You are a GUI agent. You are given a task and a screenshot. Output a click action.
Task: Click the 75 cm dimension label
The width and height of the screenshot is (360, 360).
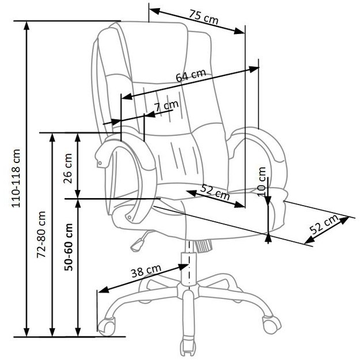click(x=204, y=17)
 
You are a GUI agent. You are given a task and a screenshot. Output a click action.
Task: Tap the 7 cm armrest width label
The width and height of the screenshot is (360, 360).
click(x=166, y=107)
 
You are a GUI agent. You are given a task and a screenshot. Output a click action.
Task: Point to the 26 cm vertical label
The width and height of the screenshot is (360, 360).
click(x=67, y=166)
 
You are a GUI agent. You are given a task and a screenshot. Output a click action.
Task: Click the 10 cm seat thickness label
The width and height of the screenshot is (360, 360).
click(x=263, y=180)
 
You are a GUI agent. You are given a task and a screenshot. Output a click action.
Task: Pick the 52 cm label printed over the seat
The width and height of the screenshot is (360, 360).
click(x=214, y=191)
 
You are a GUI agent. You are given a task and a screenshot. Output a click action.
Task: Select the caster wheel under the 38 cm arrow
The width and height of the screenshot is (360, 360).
click(x=106, y=326)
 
